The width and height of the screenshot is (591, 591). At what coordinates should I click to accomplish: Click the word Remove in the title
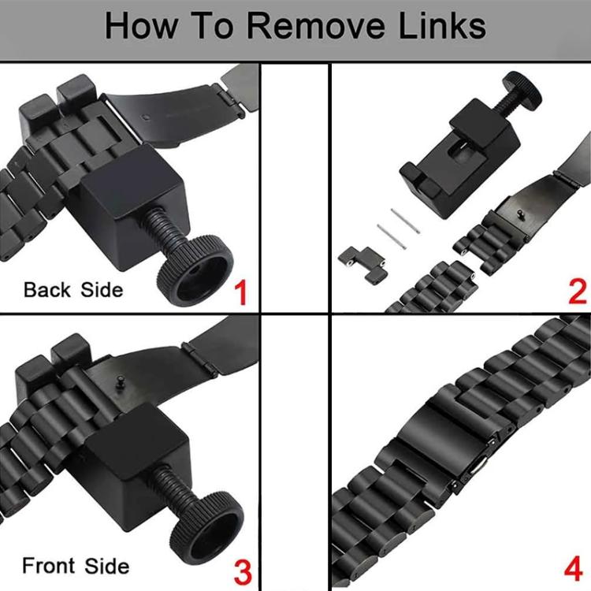[x=316, y=26]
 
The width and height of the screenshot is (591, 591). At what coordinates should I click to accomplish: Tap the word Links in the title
[x=442, y=26]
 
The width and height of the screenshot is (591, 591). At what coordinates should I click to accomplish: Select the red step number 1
[x=241, y=292]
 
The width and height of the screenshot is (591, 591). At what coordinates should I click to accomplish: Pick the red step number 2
[x=578, y=292]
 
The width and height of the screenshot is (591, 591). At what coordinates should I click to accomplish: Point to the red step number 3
[x=243, y=572]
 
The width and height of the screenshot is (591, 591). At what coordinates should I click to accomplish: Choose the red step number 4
[x=574, y=570]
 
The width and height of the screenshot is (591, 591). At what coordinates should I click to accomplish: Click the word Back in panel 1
[x=47, y=290]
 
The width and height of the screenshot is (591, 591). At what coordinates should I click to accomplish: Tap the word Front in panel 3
[x=49, y=565]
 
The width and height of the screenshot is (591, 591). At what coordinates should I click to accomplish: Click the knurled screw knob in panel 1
[x=195, y=269]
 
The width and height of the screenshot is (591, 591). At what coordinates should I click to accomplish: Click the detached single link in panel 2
[x=362, y=264]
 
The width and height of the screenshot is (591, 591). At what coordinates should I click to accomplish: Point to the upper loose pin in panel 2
[x=405, y=221]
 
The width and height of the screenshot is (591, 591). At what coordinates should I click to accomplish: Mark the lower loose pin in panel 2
[x=392, y=236]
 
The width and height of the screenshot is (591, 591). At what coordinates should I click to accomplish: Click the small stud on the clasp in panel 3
[x=121, y=381]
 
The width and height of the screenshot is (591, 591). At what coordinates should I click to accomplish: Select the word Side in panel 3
[x=107, y=566]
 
